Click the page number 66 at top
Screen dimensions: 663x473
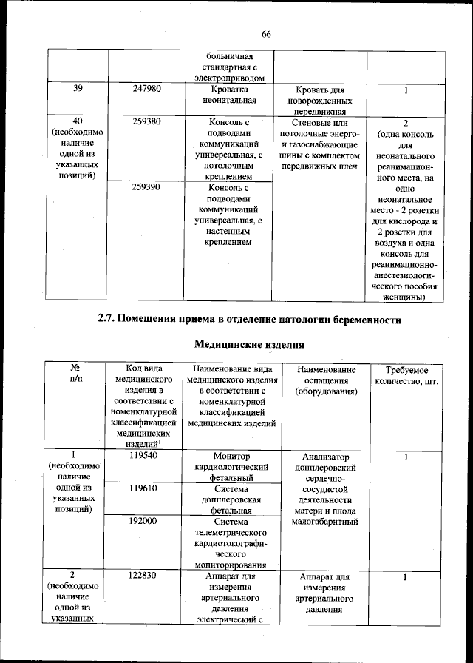[x=266, y=34]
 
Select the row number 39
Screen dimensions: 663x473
[x=78, y=89]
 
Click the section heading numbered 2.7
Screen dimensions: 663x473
[x=250, y=320]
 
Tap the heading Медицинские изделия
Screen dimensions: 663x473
[x=249, y=345]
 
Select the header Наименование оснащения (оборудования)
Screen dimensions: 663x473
[x=325, y=380]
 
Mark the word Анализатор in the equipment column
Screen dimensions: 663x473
[x=325, y=457]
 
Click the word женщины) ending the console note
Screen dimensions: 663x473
[x=405, y=297]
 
